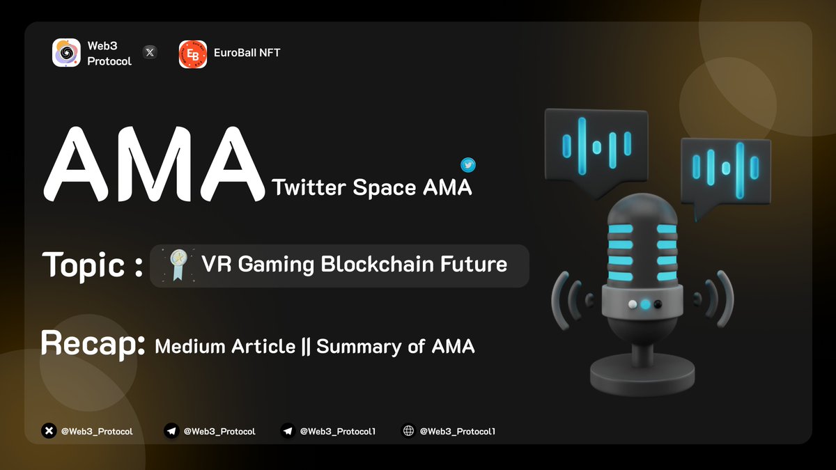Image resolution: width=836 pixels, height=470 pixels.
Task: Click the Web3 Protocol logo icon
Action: pos(66,52)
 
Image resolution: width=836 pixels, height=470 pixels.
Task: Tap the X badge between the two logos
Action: pos(150,52)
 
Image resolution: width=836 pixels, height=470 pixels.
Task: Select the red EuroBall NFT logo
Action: pos(193,54)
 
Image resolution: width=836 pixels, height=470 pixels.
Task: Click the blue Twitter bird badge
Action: pos(468,165)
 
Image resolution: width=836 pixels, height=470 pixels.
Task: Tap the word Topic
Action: pos(85,265)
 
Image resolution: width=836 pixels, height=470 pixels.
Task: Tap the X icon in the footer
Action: pos(49,431)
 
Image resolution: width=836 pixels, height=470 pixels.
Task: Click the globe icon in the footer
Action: pos(408,431)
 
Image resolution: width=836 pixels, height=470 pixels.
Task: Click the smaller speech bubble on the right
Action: pos(725,171)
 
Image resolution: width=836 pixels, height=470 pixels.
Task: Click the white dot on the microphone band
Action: pos(633,304)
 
